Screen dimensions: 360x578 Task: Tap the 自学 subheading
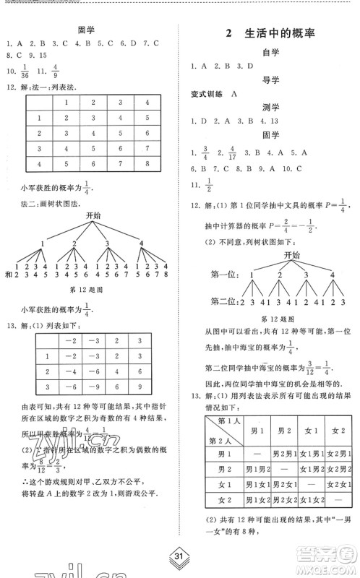click(x=270, y=52)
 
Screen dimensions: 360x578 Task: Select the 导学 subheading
click(x=270, y=80)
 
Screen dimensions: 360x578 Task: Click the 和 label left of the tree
click(x=8, y=275)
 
